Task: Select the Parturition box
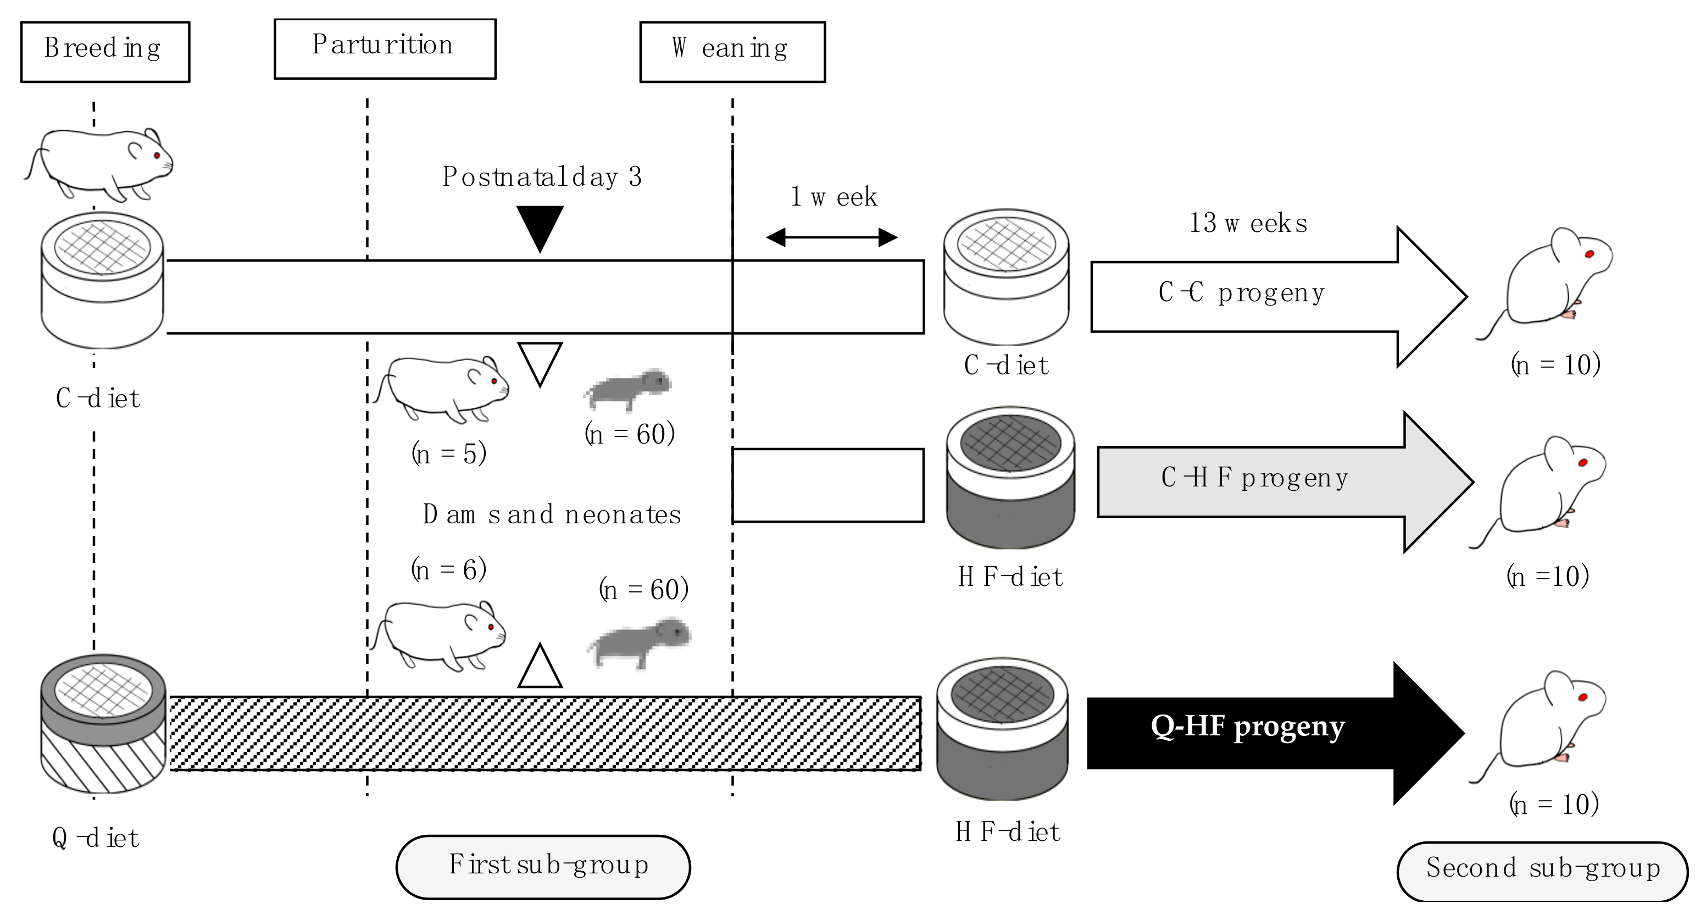385,48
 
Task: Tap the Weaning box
732,52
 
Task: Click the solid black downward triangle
540,225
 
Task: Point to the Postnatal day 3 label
542,177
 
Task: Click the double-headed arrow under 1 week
831,237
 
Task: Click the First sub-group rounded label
543,866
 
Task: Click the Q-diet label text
96,839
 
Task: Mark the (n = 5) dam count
449,455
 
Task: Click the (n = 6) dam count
449,569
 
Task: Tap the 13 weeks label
1248,223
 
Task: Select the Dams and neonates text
552,514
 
